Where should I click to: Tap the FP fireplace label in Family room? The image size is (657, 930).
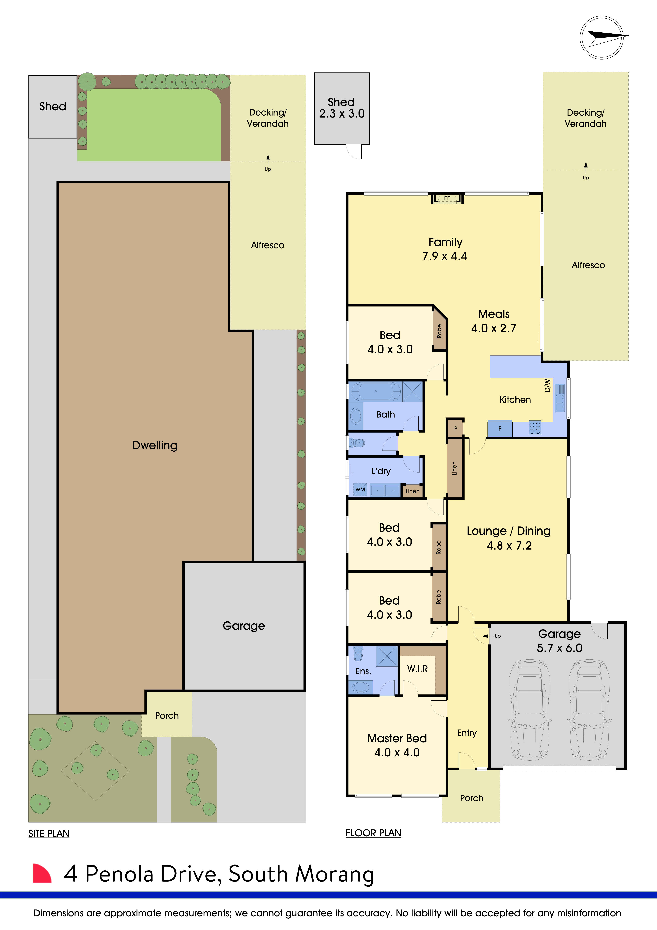coord(447,198)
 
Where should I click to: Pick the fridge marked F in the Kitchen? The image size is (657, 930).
coord(500,429)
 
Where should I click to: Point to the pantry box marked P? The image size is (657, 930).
coord(456,428)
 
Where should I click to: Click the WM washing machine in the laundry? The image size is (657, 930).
coord(360,490)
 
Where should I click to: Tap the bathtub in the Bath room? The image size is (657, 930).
coord(376,392)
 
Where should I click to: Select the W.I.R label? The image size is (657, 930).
coord(417,669)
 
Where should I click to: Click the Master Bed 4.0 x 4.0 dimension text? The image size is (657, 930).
coord(397,752)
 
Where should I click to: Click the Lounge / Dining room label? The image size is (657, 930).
coord(508,531)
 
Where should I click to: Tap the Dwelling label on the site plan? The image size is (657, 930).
coord(155,446)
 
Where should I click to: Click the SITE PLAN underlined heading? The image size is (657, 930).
coord(49,834)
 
